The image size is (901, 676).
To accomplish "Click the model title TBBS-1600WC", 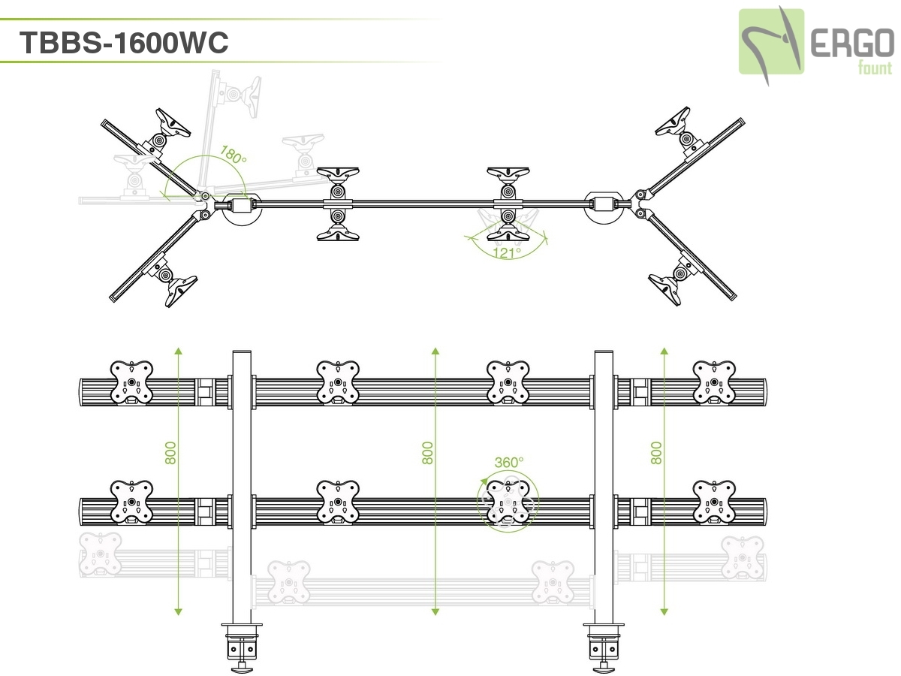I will pos(124,43).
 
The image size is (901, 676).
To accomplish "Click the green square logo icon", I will pos(771,41).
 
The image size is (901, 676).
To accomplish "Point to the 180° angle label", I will pos(234,155).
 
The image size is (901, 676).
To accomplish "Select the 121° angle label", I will pos(508,252).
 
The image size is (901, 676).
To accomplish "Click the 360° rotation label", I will pos(508,463).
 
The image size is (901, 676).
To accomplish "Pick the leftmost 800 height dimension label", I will pos(170,452).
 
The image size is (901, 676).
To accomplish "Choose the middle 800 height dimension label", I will pos(428,452).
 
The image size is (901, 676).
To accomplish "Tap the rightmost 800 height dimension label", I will pos(656,452).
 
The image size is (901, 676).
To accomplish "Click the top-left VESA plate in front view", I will pos(132,382).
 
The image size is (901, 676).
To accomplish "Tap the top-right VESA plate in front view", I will pos(714,382).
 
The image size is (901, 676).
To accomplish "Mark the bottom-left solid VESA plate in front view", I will pos(132,502).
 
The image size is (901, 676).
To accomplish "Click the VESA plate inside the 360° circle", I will pos(508,502).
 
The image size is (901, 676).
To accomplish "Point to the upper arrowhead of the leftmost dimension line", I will pos(178,351).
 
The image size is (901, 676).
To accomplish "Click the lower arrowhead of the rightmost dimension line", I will pos(664,611).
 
